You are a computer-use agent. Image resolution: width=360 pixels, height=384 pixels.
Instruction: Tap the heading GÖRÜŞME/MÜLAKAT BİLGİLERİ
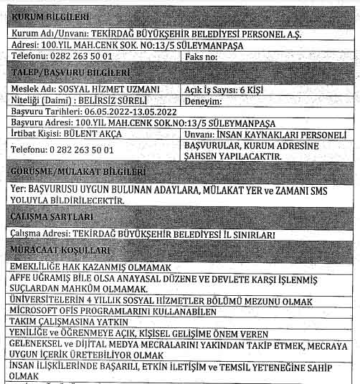click(x=80, y=172)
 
